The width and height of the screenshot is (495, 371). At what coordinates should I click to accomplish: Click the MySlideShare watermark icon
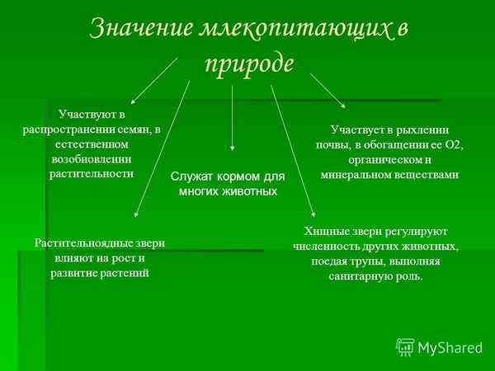coord(405,347)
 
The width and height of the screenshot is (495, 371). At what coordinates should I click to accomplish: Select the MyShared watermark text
coord(450,348)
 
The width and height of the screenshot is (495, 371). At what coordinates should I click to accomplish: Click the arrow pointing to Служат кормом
coord(232,115)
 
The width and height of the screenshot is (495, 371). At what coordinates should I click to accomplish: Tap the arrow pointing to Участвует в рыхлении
coord(328,90)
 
